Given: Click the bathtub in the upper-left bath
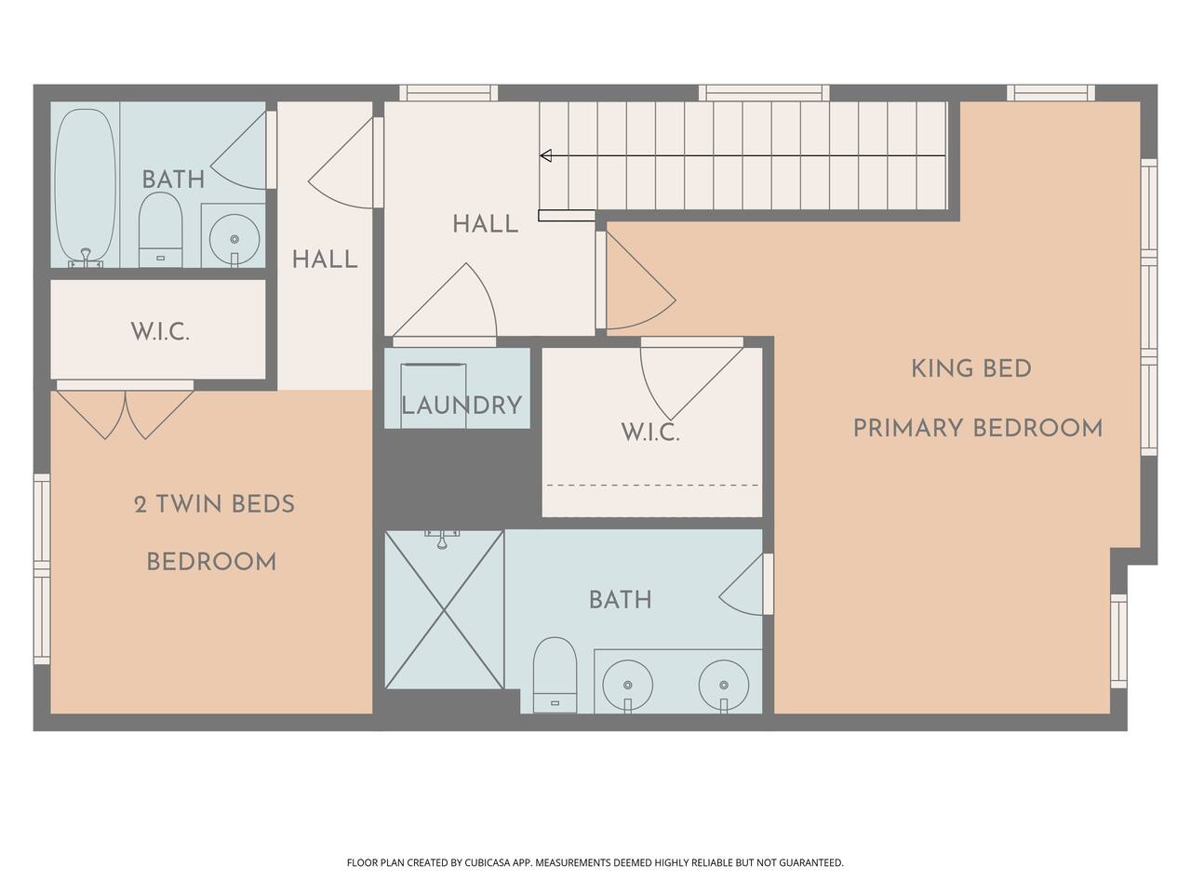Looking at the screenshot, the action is pos(87,187).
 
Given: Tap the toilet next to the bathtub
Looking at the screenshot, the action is pos(160,231).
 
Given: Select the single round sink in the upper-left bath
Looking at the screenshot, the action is pos(234,238).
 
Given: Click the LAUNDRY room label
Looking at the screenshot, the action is pos(462,406).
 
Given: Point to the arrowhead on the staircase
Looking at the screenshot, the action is pos(546,155).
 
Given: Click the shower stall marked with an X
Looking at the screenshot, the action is pos(445,610).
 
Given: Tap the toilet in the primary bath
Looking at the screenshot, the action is pos(555,675).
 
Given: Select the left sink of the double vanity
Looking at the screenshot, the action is pos(628,685).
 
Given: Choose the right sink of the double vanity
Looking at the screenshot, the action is pos(724,685).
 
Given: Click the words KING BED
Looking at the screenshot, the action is pos(971,369).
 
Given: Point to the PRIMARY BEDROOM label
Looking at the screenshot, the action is pos(978,428).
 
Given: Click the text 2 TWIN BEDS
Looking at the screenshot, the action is pos(214,504).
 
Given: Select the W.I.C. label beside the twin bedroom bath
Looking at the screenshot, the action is pos(160,331).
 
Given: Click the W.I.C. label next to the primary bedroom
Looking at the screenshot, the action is pos(650,433).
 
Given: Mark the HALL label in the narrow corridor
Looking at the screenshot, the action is pos(325,260).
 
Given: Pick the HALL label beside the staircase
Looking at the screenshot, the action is pos(485,224).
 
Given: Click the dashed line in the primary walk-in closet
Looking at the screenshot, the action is pos(653,486).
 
